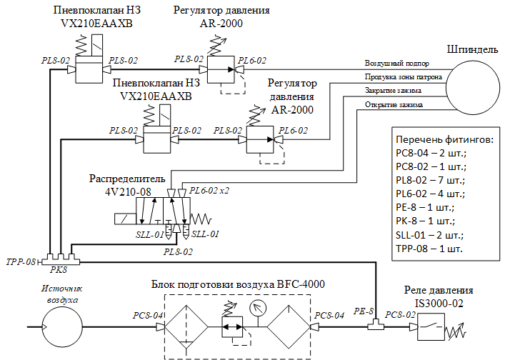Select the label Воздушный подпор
coord(397,64)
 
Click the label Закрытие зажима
coord(393,91)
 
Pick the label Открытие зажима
coord(394,105)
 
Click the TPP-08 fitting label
coord(20,262)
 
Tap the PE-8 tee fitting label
coord(364,311)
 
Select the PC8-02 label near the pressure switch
coord(401,314)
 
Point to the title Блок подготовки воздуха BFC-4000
coord(239,284)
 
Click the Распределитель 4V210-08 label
coord(126,184)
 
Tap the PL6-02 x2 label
coord(210,191)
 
